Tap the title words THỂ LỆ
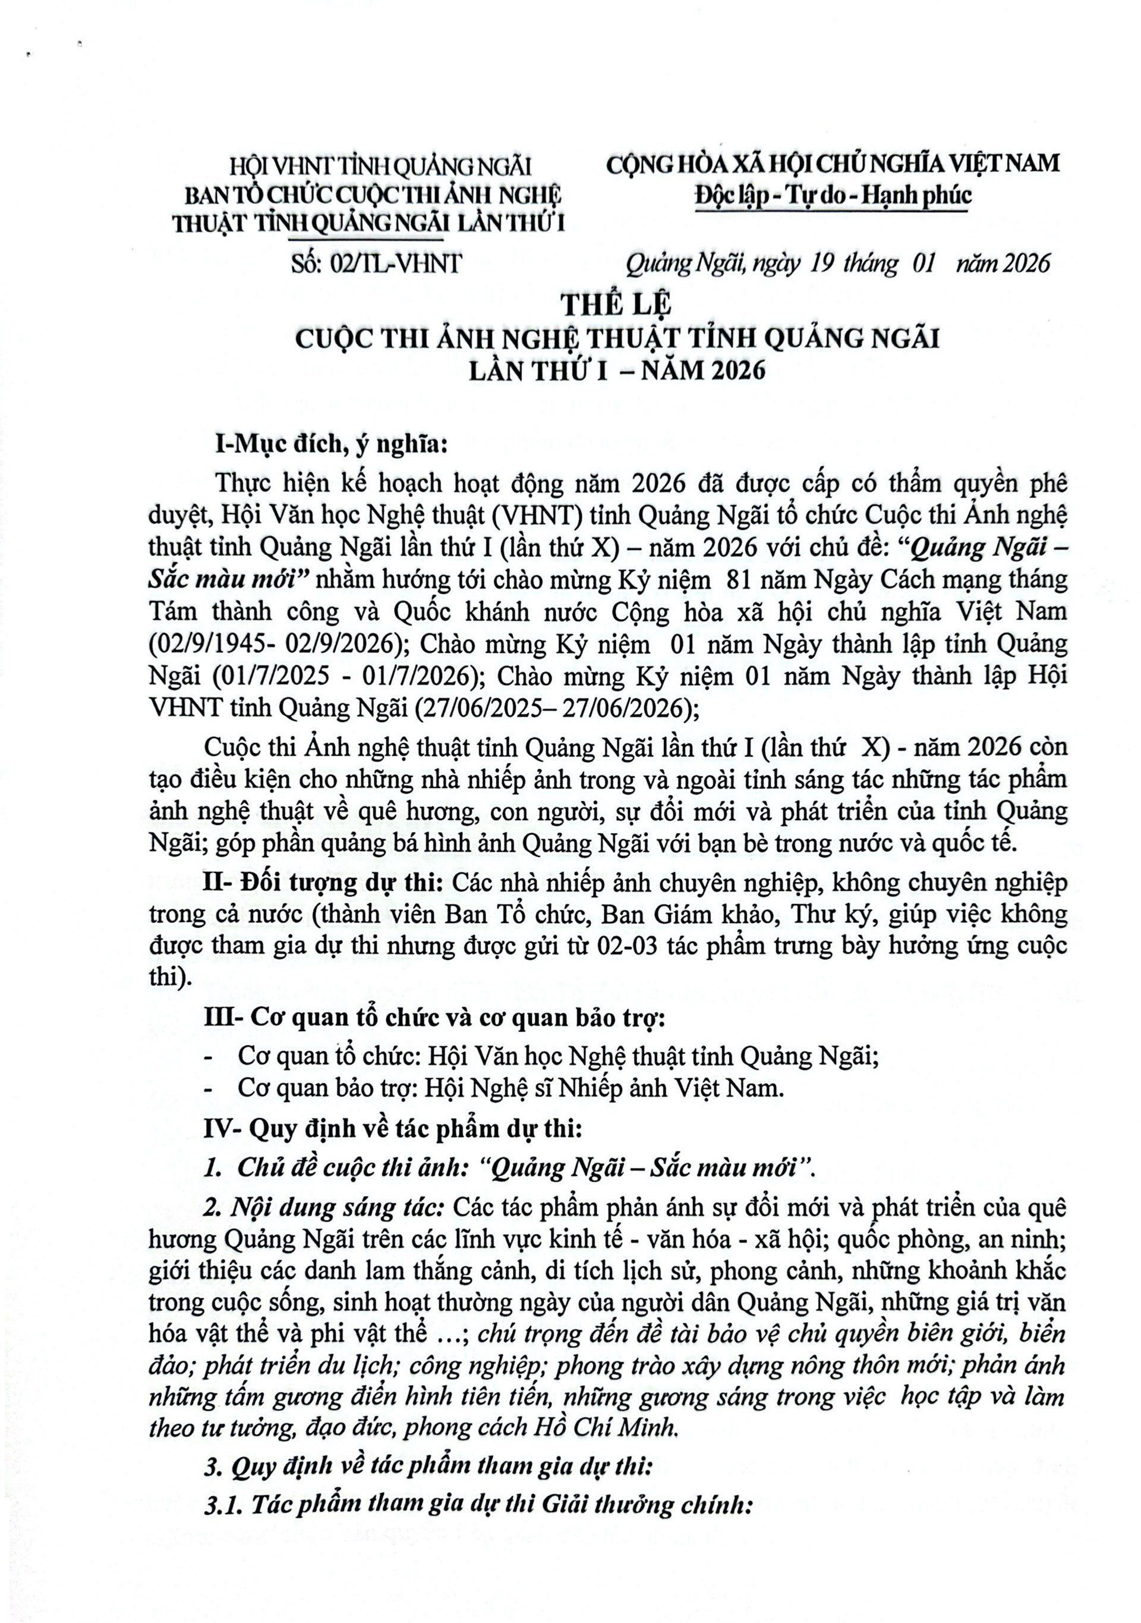(x=615, y=304)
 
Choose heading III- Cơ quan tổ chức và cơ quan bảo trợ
(x=434, y=1017)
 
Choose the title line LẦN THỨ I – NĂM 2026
(x=617, y=371)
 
